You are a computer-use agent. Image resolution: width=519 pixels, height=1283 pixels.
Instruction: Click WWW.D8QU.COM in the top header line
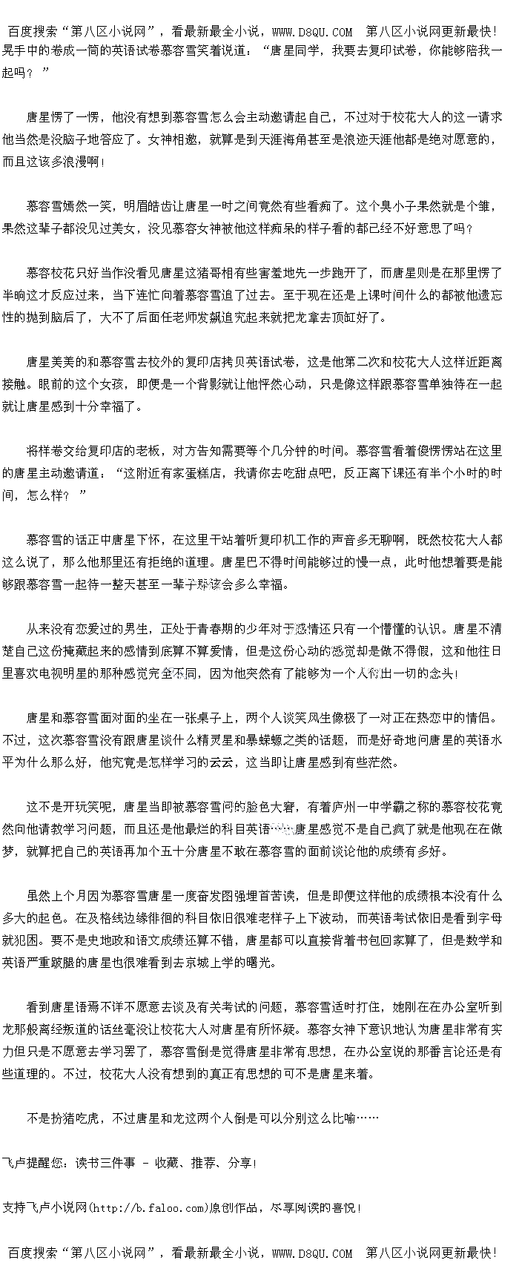point(312,31)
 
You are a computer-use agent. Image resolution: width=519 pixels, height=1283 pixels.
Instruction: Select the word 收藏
point(167,1163)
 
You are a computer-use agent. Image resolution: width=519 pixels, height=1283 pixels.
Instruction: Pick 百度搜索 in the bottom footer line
point(33,1253)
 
